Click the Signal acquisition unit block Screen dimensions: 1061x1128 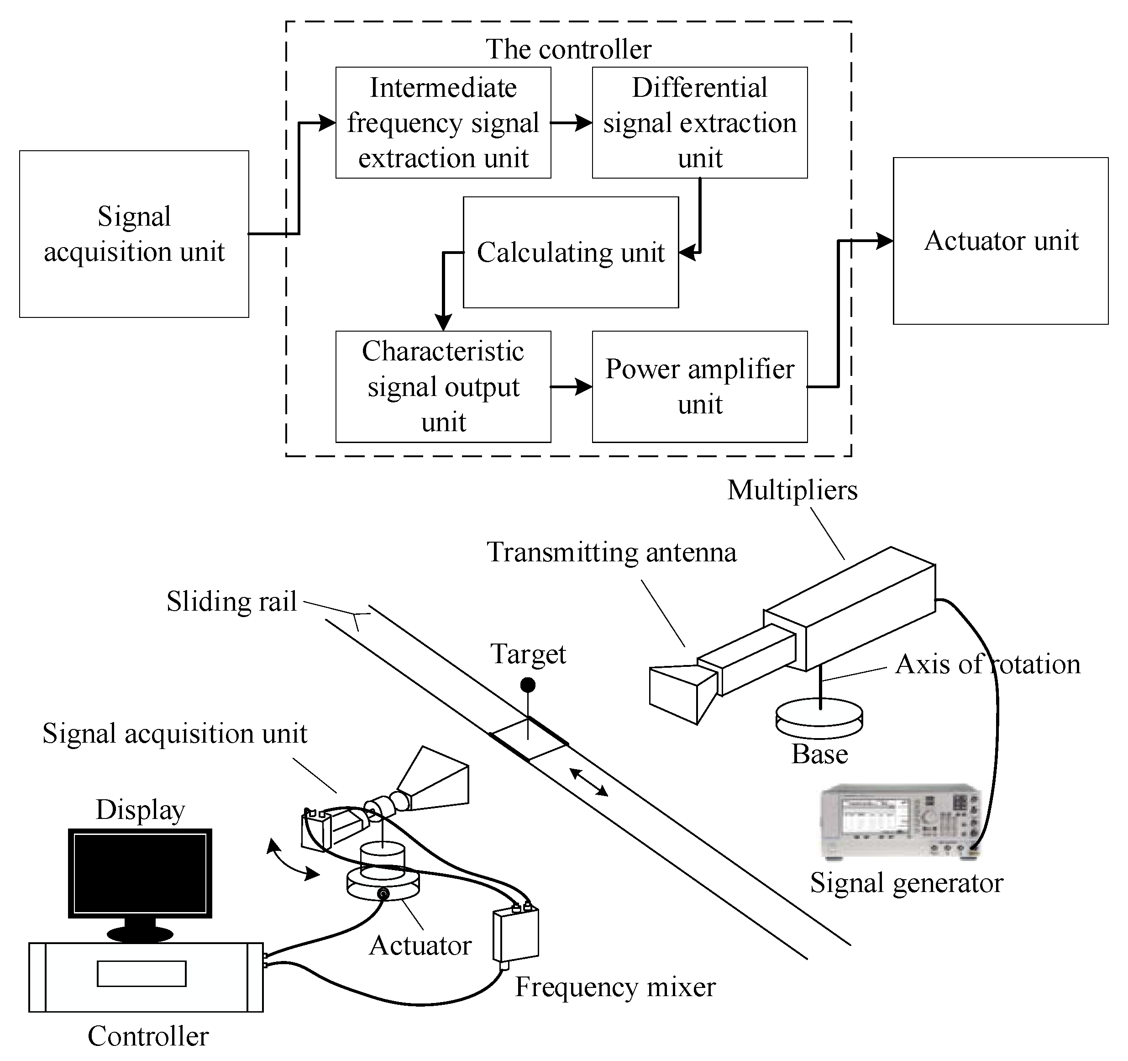134,234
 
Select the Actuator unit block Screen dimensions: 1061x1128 1000,241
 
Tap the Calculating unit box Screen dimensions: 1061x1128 570,253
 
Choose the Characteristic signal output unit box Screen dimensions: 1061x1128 443,386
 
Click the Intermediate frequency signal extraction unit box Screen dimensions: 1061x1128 443,122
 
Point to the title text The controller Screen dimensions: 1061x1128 568,49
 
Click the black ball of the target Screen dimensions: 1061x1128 528,685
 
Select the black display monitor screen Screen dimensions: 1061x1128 140,873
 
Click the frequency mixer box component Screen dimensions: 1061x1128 515,934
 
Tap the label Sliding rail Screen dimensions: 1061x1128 231,602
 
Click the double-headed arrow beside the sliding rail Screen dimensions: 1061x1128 588,782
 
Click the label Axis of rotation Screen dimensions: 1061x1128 987,664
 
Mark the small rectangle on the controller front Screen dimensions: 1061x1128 141,974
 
